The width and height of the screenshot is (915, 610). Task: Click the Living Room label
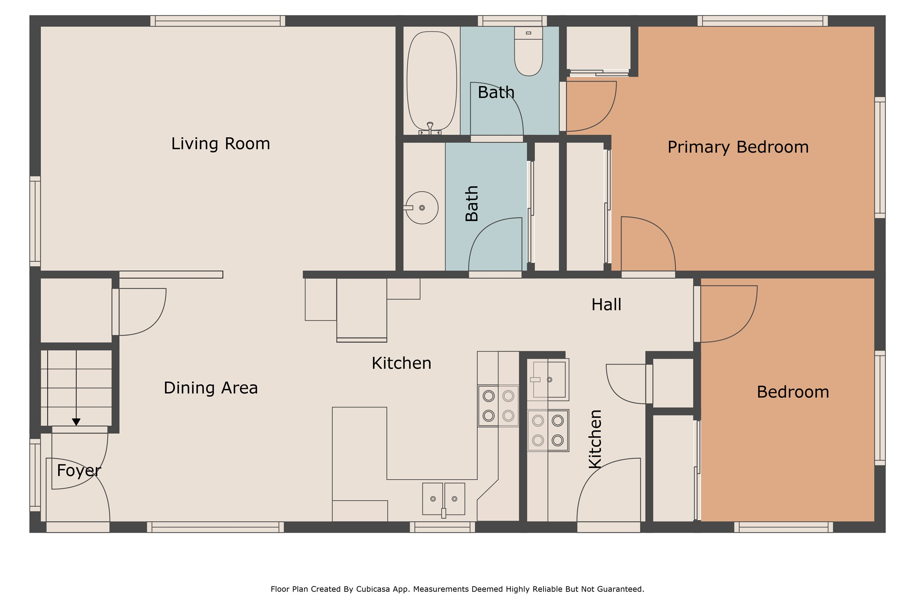pyautogui.click(x=221, y=143)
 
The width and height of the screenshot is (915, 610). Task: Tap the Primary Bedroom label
pyautogui.click(x=738, y=147)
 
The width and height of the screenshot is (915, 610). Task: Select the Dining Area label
pyautogui.click(x=210, y=388)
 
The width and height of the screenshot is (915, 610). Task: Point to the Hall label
pyautogui.click(x=606, y=304)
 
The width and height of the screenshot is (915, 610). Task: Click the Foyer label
pyautogui.click(x=79, y=471)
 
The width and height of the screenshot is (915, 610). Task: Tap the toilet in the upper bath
pyautogui.click(x=528, y=51)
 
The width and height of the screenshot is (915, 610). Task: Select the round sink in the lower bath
pyautogui.click(x=422, y=208)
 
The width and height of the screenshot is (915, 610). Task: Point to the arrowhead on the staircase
pyautogui.click(x=76, y=422)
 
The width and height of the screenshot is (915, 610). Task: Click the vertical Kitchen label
pyautogui.click(x=595, y=439)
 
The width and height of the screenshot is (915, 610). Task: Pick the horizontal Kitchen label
pyautogui.click(x=402, y=363)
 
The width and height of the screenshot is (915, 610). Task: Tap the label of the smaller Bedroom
pyautogui.click(x=793, y=392)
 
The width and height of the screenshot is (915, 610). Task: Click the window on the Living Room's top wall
pyautogui.click(x=218, y=21)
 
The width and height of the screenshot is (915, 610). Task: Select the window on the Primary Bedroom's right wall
pyautogui.click(x=880, y=158)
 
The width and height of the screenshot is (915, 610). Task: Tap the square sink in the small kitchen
pyautogui.click(x=549, y=379)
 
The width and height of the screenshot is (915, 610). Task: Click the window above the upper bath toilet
pyautogui.click(x=512, y=21)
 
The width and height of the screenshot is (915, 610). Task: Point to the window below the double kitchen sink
pyautogui.click(x=442, y=527)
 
